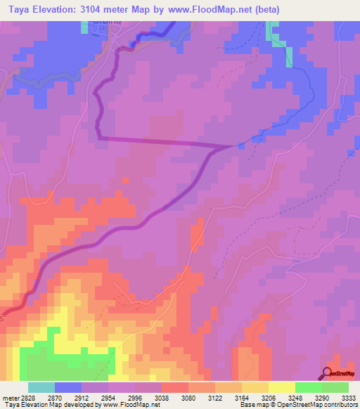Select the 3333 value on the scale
tap(349, 398)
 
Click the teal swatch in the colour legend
tap(41, 387)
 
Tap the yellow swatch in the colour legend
tap(281, 387)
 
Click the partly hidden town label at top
tap(101, 23)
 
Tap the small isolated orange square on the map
tap(125, 180)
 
